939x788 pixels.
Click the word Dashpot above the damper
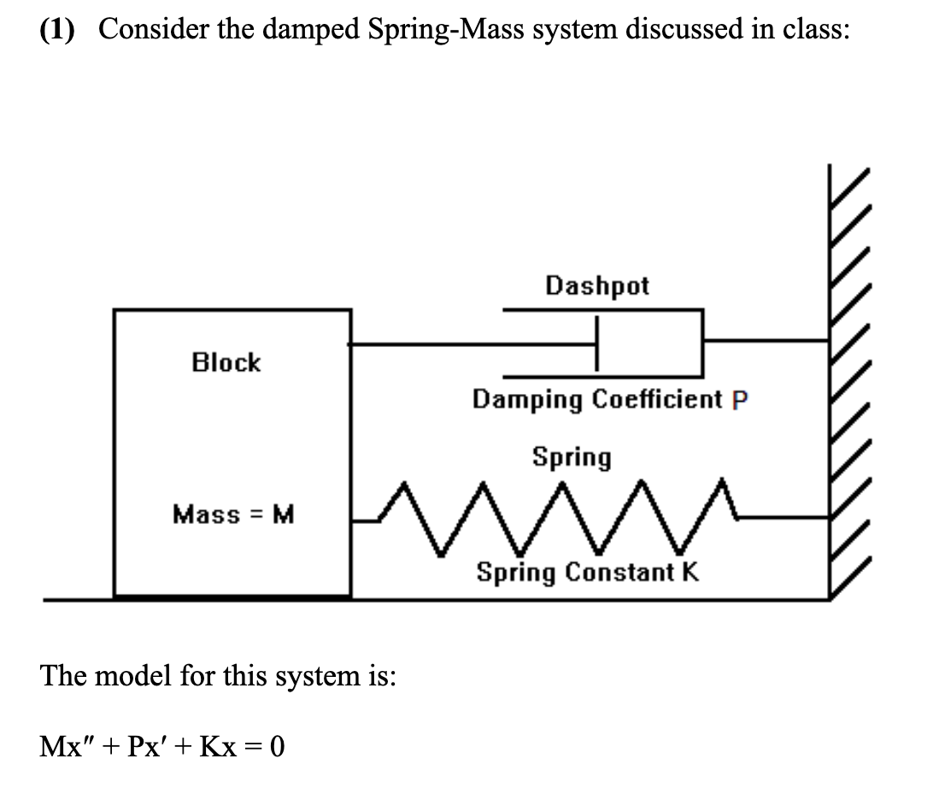click(x=597, y=285)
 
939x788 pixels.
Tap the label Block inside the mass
click(x=226, y=362)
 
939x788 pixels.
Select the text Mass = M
click(x=232, y=515)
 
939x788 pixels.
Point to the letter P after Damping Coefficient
click(x=740, y=400)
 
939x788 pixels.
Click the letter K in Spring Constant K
click(x=690, y=572)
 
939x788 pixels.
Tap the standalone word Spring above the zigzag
click(x=572, y=457)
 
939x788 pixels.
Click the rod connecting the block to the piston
click(x=470, y=344)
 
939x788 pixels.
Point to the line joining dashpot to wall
click(x=765, y=339)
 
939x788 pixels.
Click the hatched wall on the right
click(x=849, y=385)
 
